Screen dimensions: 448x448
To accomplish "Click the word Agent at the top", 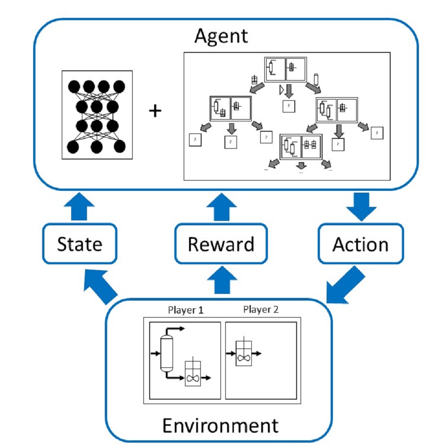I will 221,35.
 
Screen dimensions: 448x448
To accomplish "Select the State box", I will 80,244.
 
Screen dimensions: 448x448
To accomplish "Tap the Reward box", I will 221,244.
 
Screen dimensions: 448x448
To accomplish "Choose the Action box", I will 360,244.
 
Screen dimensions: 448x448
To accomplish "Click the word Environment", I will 220,425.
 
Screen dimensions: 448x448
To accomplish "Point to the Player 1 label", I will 186,310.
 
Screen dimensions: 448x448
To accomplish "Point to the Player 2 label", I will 261,310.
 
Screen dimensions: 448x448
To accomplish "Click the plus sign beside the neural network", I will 155,111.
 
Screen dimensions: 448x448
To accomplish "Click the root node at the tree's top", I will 285,69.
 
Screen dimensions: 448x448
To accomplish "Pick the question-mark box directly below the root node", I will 289,106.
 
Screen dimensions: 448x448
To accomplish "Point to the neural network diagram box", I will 97,115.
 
